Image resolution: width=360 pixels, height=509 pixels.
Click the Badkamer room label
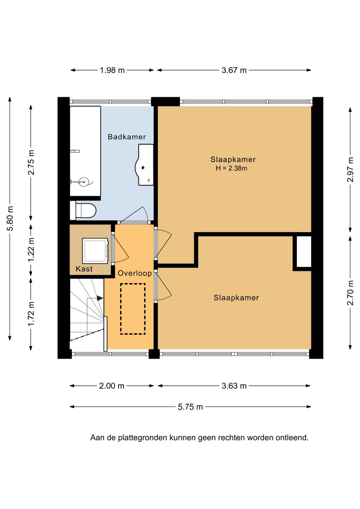pos(127,137)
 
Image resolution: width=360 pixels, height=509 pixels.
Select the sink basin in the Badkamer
pos(145,165)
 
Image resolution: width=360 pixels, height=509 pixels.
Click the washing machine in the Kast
pos(95,251)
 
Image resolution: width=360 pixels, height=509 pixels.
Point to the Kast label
pos(84,269)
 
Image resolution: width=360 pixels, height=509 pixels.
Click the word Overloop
pos(135,273)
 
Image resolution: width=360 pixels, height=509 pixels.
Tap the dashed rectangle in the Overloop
pos(133,309)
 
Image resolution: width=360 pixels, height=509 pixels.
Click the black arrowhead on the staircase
pos(100,298)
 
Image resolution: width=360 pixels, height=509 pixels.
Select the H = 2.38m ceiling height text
pos(231,168)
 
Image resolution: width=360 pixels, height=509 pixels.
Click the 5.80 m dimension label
pos(11,218)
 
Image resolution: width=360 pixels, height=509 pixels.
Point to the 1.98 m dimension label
pos(112,70)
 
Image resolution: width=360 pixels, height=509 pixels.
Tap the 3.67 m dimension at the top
pos(234,70)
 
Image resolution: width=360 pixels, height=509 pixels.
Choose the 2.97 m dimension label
pos(350,169)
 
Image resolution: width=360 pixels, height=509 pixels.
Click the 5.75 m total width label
pos(190,407)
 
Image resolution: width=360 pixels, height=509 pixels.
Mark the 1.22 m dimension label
pos(31,249)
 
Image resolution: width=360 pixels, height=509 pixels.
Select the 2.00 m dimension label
pos(112,386)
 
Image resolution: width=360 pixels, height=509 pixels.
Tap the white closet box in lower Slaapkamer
pos(304,251)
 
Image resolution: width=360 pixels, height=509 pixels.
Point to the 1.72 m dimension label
pos(31,314)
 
